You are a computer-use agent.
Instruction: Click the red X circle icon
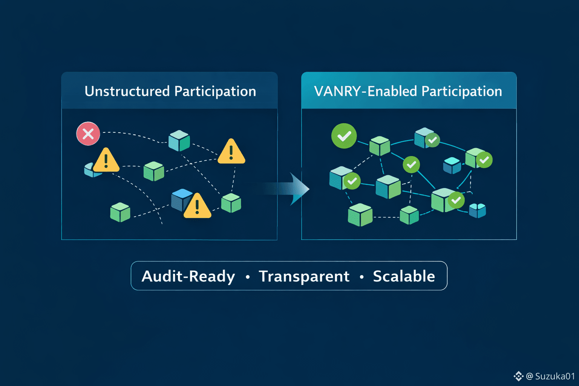tap(88, 133)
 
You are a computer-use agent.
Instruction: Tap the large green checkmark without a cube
tap(344, 136)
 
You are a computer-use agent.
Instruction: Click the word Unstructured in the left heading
tap(127, 91)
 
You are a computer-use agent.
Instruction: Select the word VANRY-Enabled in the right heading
tap(365, 91)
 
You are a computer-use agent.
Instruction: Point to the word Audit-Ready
tap(188, 276)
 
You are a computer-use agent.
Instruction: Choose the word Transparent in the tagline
tap(304, 276)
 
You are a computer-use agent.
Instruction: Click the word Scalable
tap(404, 276)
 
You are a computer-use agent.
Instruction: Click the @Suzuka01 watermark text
tap(550, 376)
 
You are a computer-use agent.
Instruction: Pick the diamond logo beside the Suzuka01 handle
tap(518, 376)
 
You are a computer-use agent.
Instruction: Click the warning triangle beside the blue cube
tap(197, 206)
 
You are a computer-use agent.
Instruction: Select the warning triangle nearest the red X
tap(106, 161)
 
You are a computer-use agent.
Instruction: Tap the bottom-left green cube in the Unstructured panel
tap(120, 212)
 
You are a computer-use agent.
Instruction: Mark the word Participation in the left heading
tap(215, 91)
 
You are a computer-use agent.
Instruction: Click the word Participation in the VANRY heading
tap(461, 91)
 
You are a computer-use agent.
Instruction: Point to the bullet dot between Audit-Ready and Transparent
tap(248, 277)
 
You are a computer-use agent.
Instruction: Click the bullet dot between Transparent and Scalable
tap(361, 277)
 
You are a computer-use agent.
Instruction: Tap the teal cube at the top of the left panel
tap(179, 140)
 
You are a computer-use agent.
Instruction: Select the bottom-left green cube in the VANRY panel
tap(360, 214)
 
